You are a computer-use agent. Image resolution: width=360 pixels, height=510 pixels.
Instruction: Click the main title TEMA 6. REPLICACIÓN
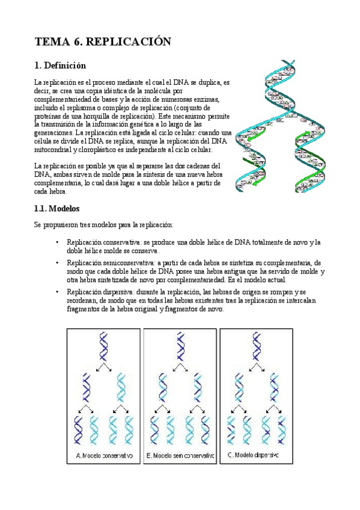[103, 41]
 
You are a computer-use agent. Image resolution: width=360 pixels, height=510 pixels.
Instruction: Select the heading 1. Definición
[60, 65]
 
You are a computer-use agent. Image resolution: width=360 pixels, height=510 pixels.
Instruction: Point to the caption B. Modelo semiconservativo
[180, 455]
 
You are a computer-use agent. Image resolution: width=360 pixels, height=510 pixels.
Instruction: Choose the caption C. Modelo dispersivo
[253, 455]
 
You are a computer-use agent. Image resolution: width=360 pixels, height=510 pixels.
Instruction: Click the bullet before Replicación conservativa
[56, 242]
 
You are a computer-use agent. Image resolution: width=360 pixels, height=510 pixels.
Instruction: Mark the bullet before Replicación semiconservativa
[56, 263]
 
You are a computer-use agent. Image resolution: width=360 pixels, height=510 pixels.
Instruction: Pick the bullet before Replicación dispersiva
[56, 292]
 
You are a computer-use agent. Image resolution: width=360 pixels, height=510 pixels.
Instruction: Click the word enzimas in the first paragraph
[208, 99]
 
